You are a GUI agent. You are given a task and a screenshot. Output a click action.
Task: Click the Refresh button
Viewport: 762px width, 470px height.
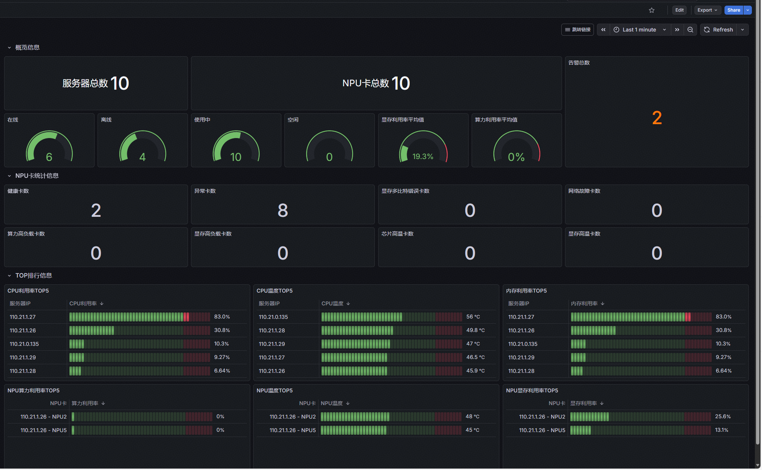tap(718, 30)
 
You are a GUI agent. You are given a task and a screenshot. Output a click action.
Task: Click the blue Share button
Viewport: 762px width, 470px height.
tap(733, 10)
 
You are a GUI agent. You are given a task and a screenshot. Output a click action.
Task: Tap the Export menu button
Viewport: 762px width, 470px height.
tap(707, 10)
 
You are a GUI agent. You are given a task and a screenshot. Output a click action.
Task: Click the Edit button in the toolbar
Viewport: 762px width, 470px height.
tap(679, 10)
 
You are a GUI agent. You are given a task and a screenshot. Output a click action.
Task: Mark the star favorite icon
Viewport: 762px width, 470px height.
tap(652, 10)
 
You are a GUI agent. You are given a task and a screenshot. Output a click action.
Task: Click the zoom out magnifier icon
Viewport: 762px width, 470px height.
tap(690, 30)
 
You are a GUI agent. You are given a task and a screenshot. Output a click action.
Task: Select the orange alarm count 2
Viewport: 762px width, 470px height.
tap(657, 118)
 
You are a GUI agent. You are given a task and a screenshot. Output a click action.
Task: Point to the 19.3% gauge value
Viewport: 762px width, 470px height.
tap(423, 156)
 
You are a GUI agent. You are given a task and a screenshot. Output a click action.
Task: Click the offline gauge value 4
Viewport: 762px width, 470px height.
tap(142, 157)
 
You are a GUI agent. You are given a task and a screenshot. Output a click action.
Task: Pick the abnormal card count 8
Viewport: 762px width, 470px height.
tap(283, 210)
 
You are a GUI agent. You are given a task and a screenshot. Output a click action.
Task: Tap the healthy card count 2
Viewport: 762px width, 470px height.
tap(96, 210)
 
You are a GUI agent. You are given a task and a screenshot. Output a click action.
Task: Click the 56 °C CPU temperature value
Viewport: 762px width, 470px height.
tap(473, 317)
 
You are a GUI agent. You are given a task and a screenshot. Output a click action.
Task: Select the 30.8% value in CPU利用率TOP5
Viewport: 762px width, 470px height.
tap(222, 330)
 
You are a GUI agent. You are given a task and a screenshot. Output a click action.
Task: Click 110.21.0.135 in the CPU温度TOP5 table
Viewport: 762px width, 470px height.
tap(274, 317)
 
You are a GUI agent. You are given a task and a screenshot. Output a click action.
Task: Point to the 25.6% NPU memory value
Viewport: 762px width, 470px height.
tap(723, 417)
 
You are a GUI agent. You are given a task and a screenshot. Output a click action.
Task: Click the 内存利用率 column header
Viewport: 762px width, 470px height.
tap(584, 303)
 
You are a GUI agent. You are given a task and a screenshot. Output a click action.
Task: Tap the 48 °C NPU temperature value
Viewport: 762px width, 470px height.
tap(472, 417)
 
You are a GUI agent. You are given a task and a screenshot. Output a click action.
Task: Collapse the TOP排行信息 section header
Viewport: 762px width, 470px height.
tap(33, 275)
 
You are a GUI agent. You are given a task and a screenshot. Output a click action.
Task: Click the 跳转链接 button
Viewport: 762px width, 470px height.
tap(577, 30)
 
